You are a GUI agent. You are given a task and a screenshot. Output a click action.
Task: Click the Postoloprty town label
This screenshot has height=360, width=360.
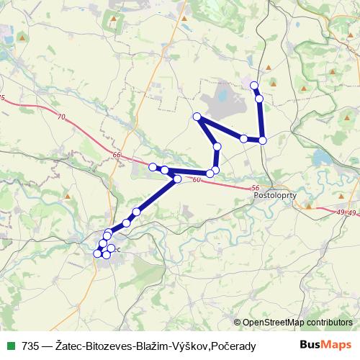click(x=276, y=196)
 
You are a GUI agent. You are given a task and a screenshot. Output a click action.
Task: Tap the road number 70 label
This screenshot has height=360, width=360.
click(x=59, y=116)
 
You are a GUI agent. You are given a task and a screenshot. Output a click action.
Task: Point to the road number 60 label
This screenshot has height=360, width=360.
click(x=197, y=180)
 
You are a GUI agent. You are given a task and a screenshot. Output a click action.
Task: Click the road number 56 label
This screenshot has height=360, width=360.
click(x=256, y=188)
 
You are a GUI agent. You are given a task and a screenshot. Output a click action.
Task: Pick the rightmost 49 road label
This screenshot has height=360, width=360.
click(x=352, y=213)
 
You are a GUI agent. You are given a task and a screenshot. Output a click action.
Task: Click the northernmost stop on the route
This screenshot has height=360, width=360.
click(x=254, y=86)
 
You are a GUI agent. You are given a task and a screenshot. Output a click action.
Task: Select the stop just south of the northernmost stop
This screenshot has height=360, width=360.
click(x=259, y=98)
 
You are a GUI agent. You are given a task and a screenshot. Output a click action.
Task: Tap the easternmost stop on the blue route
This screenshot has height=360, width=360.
click(x=263, y=140)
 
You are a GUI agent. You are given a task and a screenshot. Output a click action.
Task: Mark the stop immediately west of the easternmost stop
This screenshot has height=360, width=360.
click(x=244, y=138)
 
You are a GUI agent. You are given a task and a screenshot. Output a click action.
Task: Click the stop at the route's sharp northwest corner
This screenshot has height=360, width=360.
click(x=196, y=117)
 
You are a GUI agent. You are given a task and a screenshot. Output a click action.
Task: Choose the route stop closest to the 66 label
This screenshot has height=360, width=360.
click(x=153, y=167)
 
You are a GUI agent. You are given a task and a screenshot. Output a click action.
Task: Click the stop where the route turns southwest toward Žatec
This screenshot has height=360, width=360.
click(x=177, y=178)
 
